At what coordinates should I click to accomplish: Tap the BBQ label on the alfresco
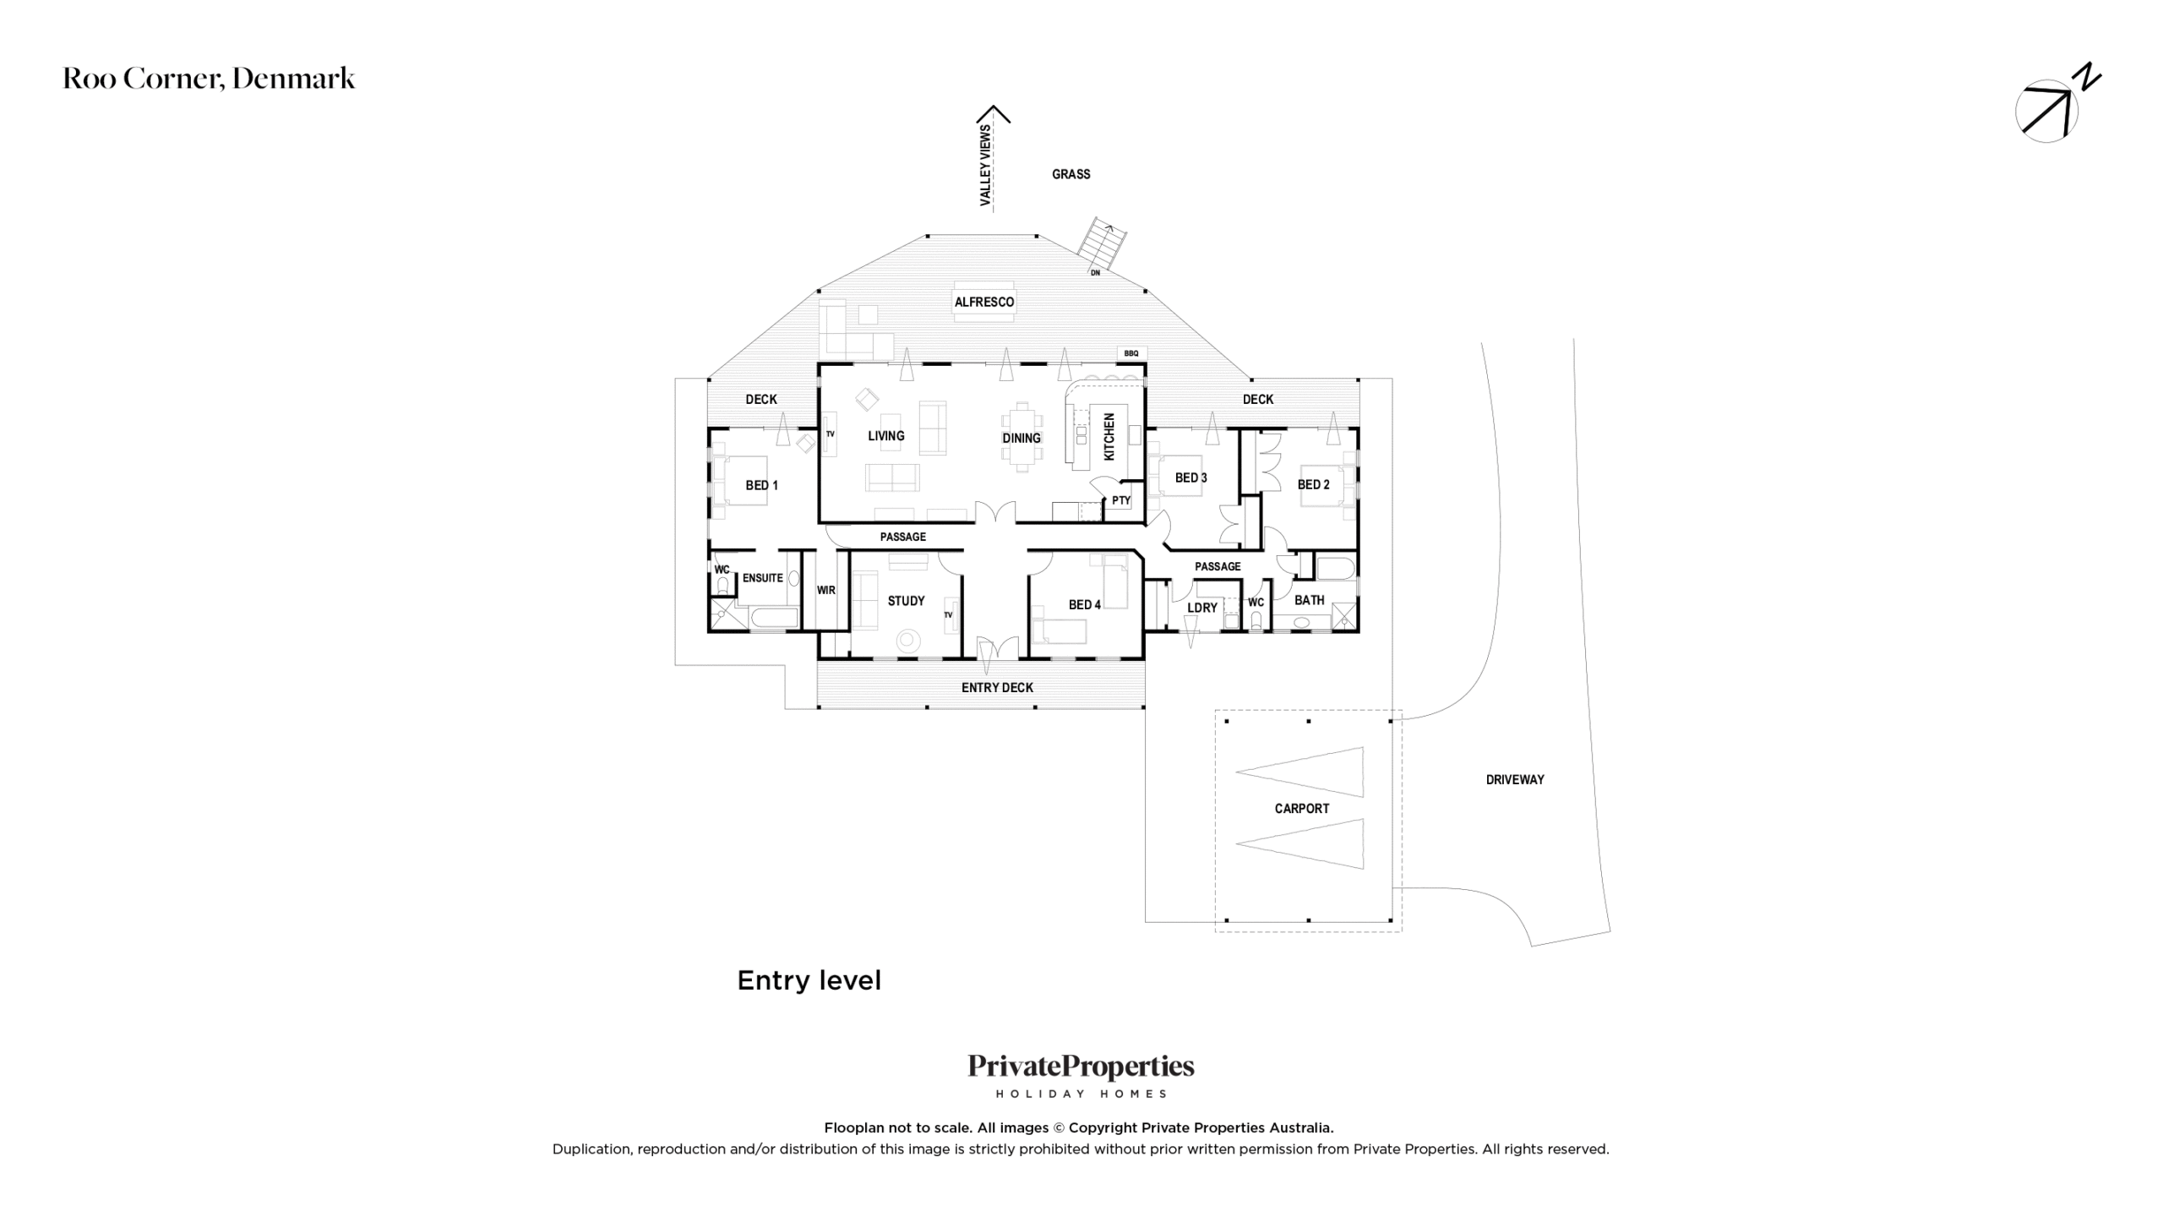1131,353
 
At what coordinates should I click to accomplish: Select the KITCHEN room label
1109,436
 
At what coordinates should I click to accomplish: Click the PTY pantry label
1121,500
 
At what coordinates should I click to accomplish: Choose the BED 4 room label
1084,604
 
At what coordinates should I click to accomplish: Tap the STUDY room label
906,601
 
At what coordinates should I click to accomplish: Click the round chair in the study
908,641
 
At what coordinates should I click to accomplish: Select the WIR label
825,590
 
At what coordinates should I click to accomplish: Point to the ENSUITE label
762,578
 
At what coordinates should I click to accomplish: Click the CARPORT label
1301,809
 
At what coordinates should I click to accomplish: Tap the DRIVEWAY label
1515,779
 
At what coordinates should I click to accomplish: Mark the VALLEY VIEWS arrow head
994,112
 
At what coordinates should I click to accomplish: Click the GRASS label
1071,174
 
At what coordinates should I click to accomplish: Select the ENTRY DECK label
997,687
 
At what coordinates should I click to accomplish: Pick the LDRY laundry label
1202,608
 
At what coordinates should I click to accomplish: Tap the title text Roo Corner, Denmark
209,79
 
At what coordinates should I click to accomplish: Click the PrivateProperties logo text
1081,1067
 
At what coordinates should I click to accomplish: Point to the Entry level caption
809,980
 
